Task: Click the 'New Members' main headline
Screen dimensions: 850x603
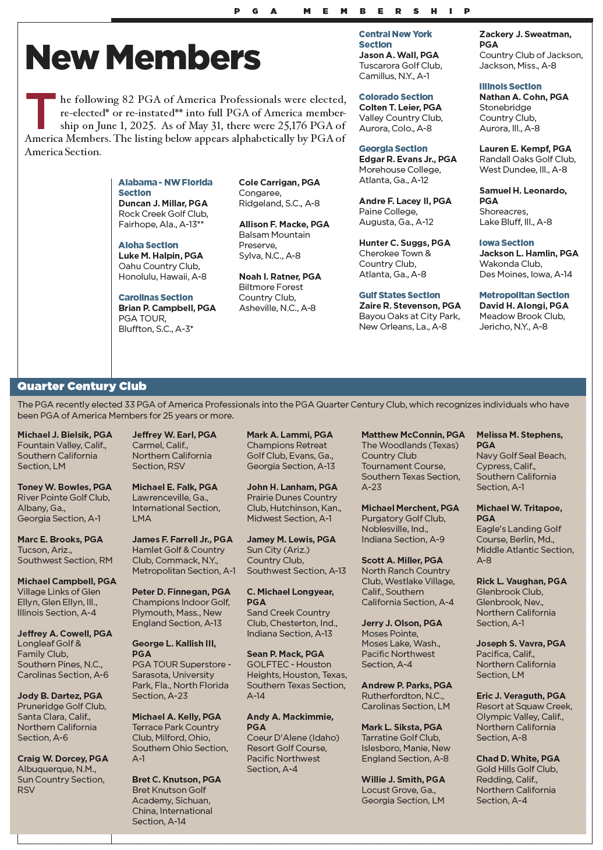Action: point(143,58)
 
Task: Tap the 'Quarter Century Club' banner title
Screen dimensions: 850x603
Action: point(82,387)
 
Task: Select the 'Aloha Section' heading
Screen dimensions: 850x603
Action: point(148,245)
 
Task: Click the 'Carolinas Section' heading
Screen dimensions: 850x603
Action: point(155,298)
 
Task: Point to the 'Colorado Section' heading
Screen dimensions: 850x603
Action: point(396,97)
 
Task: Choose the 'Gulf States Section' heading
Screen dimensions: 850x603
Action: point(399,295)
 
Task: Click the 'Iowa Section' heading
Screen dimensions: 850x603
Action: point(506,243)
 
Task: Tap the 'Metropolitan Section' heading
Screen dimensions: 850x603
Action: point(524,295)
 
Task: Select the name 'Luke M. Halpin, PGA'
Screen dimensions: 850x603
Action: point(161,256)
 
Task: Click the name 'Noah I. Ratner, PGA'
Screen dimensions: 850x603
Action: point(280,277)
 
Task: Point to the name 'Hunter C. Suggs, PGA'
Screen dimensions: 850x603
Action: point(405,243)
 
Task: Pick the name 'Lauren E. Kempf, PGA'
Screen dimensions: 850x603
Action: point(525,149)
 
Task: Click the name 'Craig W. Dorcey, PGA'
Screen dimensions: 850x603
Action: point(63,759)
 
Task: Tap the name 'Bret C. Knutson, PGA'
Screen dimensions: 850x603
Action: point(176,780)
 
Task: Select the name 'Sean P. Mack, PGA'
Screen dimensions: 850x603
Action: point(285,654)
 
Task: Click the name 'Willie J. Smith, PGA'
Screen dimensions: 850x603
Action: point(403,780)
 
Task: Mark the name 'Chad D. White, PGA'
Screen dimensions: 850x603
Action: point(518,759)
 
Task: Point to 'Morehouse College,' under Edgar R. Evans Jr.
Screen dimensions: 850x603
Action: point(400,170)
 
